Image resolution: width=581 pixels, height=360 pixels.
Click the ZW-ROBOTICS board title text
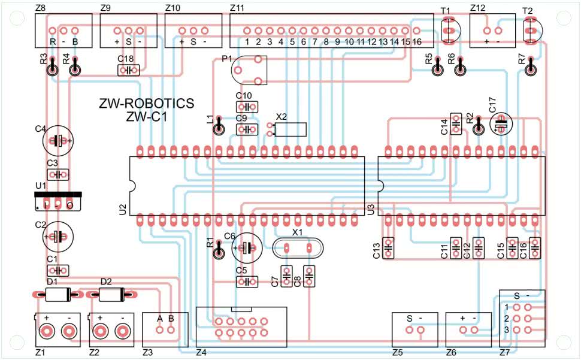(x=146, y=104)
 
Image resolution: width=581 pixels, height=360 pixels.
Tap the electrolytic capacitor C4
(x=58, y=141)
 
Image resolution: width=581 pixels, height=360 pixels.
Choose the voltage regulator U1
(x=58, y=201)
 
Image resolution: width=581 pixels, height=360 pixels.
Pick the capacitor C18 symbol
(x=128, y=70)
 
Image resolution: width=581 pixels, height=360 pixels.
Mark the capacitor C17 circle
(x=502, y=125)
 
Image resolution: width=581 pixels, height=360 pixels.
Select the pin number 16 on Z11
(x=417, y=42)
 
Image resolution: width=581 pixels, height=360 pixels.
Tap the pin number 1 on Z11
(x=247, y=42)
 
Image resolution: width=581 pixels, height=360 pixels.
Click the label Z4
(x=202, y=352)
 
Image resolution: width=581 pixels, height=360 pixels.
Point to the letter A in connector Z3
(x=160, y=318)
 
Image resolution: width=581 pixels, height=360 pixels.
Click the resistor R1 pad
(x=219, y=253)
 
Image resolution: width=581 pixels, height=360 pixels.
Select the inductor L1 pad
(x=219, y=128)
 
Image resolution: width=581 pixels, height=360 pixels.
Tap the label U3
(x=371, y=210)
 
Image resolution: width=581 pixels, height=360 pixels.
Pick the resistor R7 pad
(x=530, y=70)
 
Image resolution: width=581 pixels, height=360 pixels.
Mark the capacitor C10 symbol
(x=247, y=107)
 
